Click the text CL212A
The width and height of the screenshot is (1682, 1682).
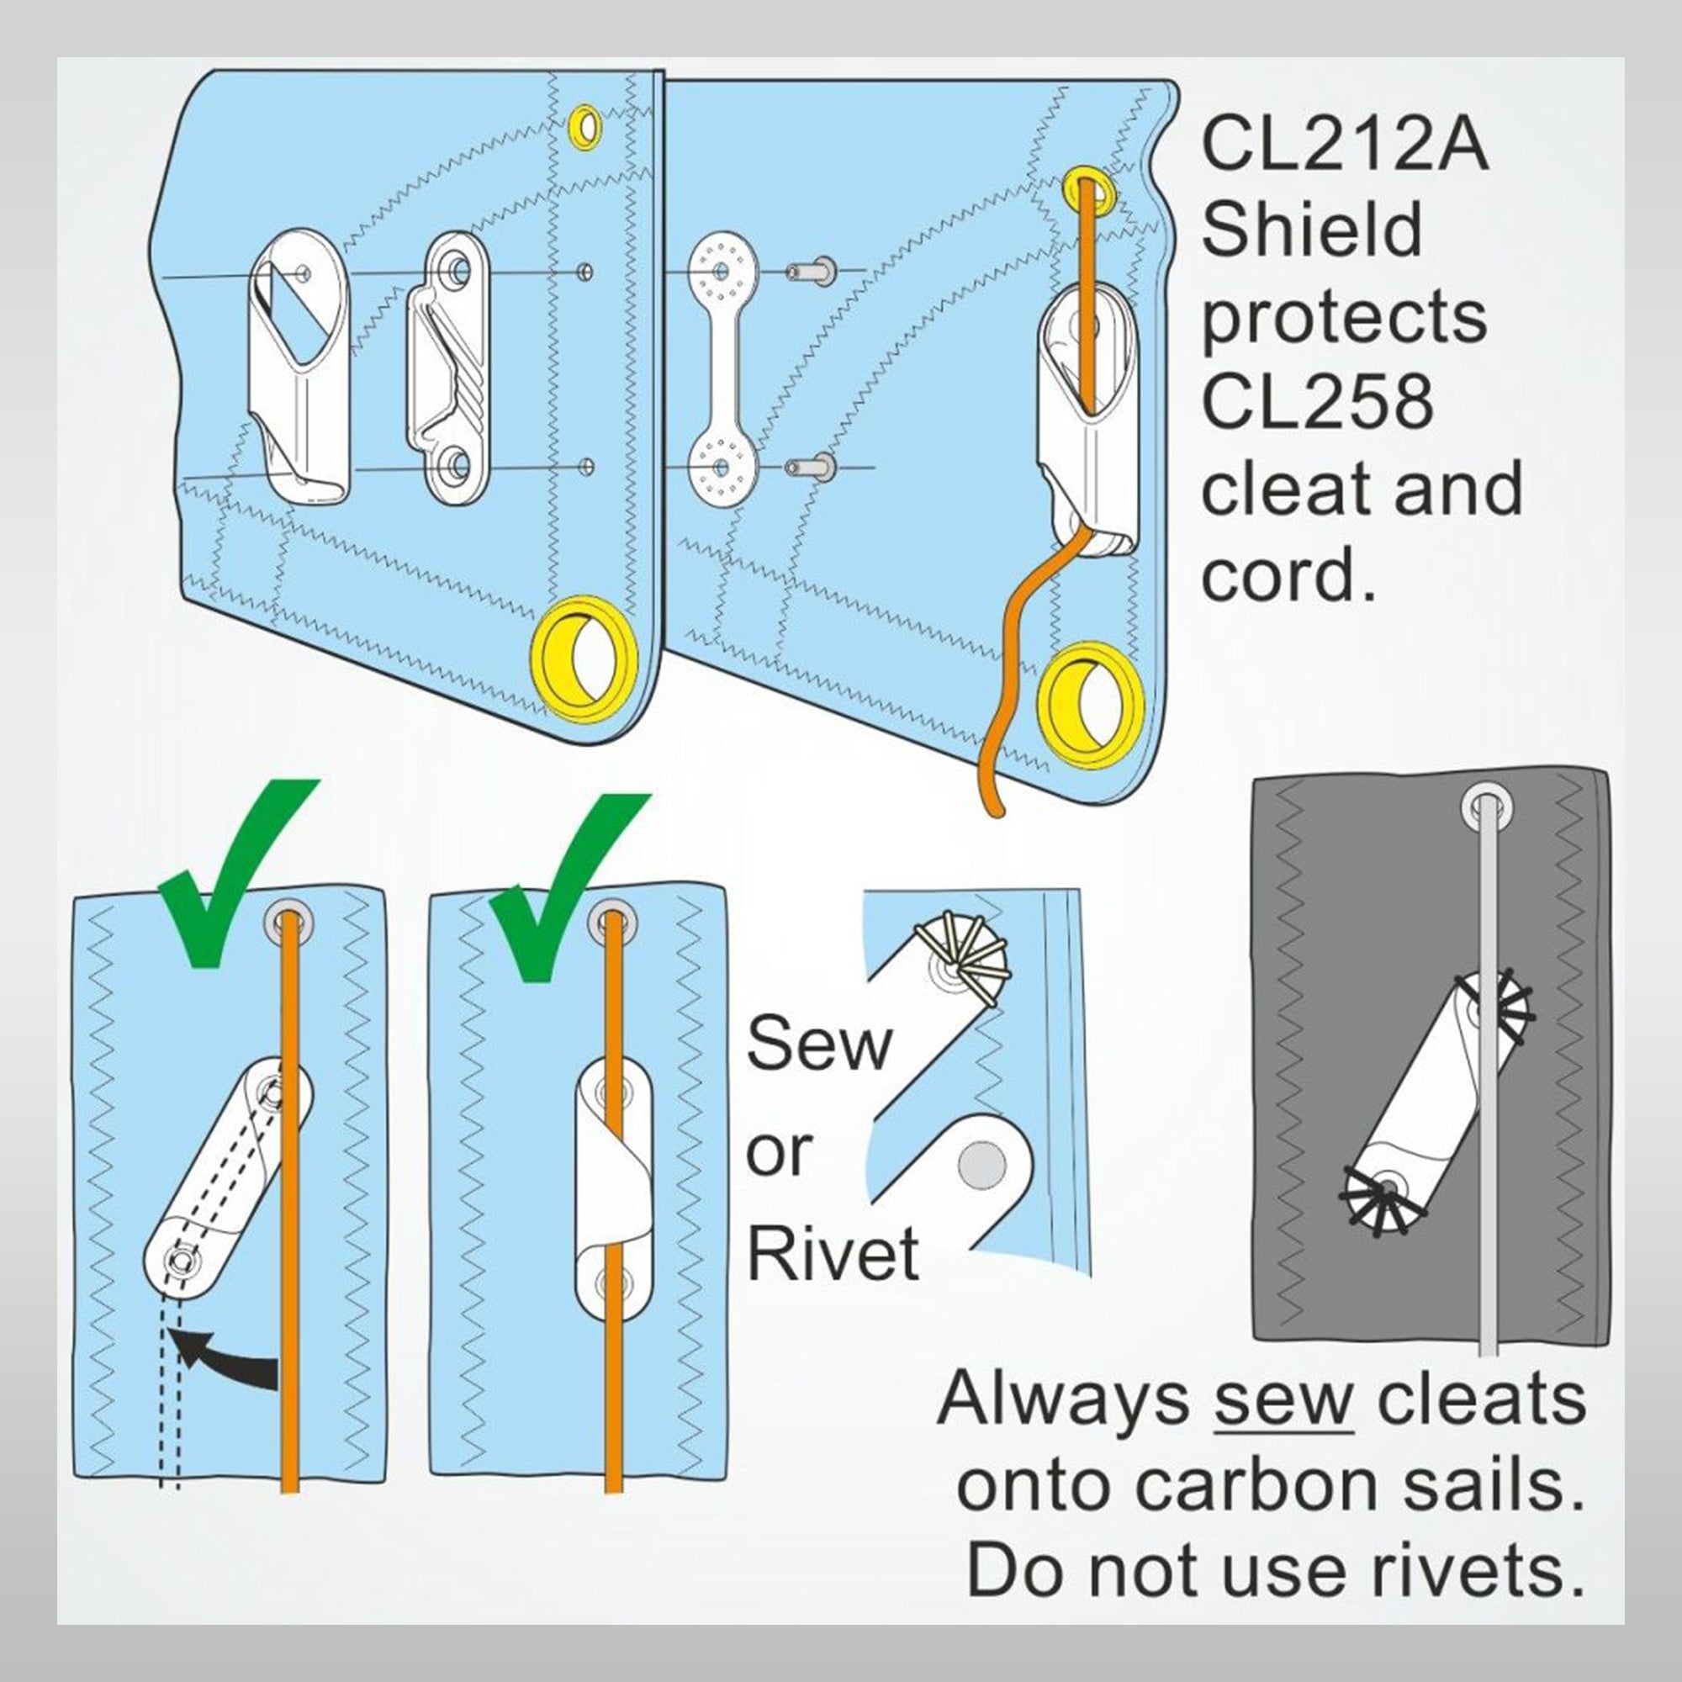(x=1344, y=145)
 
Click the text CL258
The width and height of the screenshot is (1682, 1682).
(x=1316, y=402)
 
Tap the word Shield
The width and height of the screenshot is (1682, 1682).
(x=1312, y=230)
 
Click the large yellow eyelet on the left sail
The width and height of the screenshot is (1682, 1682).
(x=584, y=659)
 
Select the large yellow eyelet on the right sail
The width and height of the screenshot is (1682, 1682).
(x=1088, y=706)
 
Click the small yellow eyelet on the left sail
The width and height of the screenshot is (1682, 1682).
(x=585, y=126)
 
